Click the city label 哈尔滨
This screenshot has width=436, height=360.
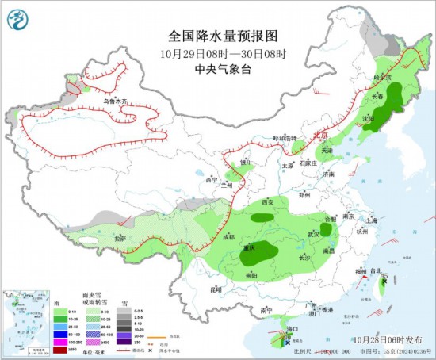click(383, 78)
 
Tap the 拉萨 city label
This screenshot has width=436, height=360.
click(119, 238)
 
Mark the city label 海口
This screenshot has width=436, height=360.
click(292, 327)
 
